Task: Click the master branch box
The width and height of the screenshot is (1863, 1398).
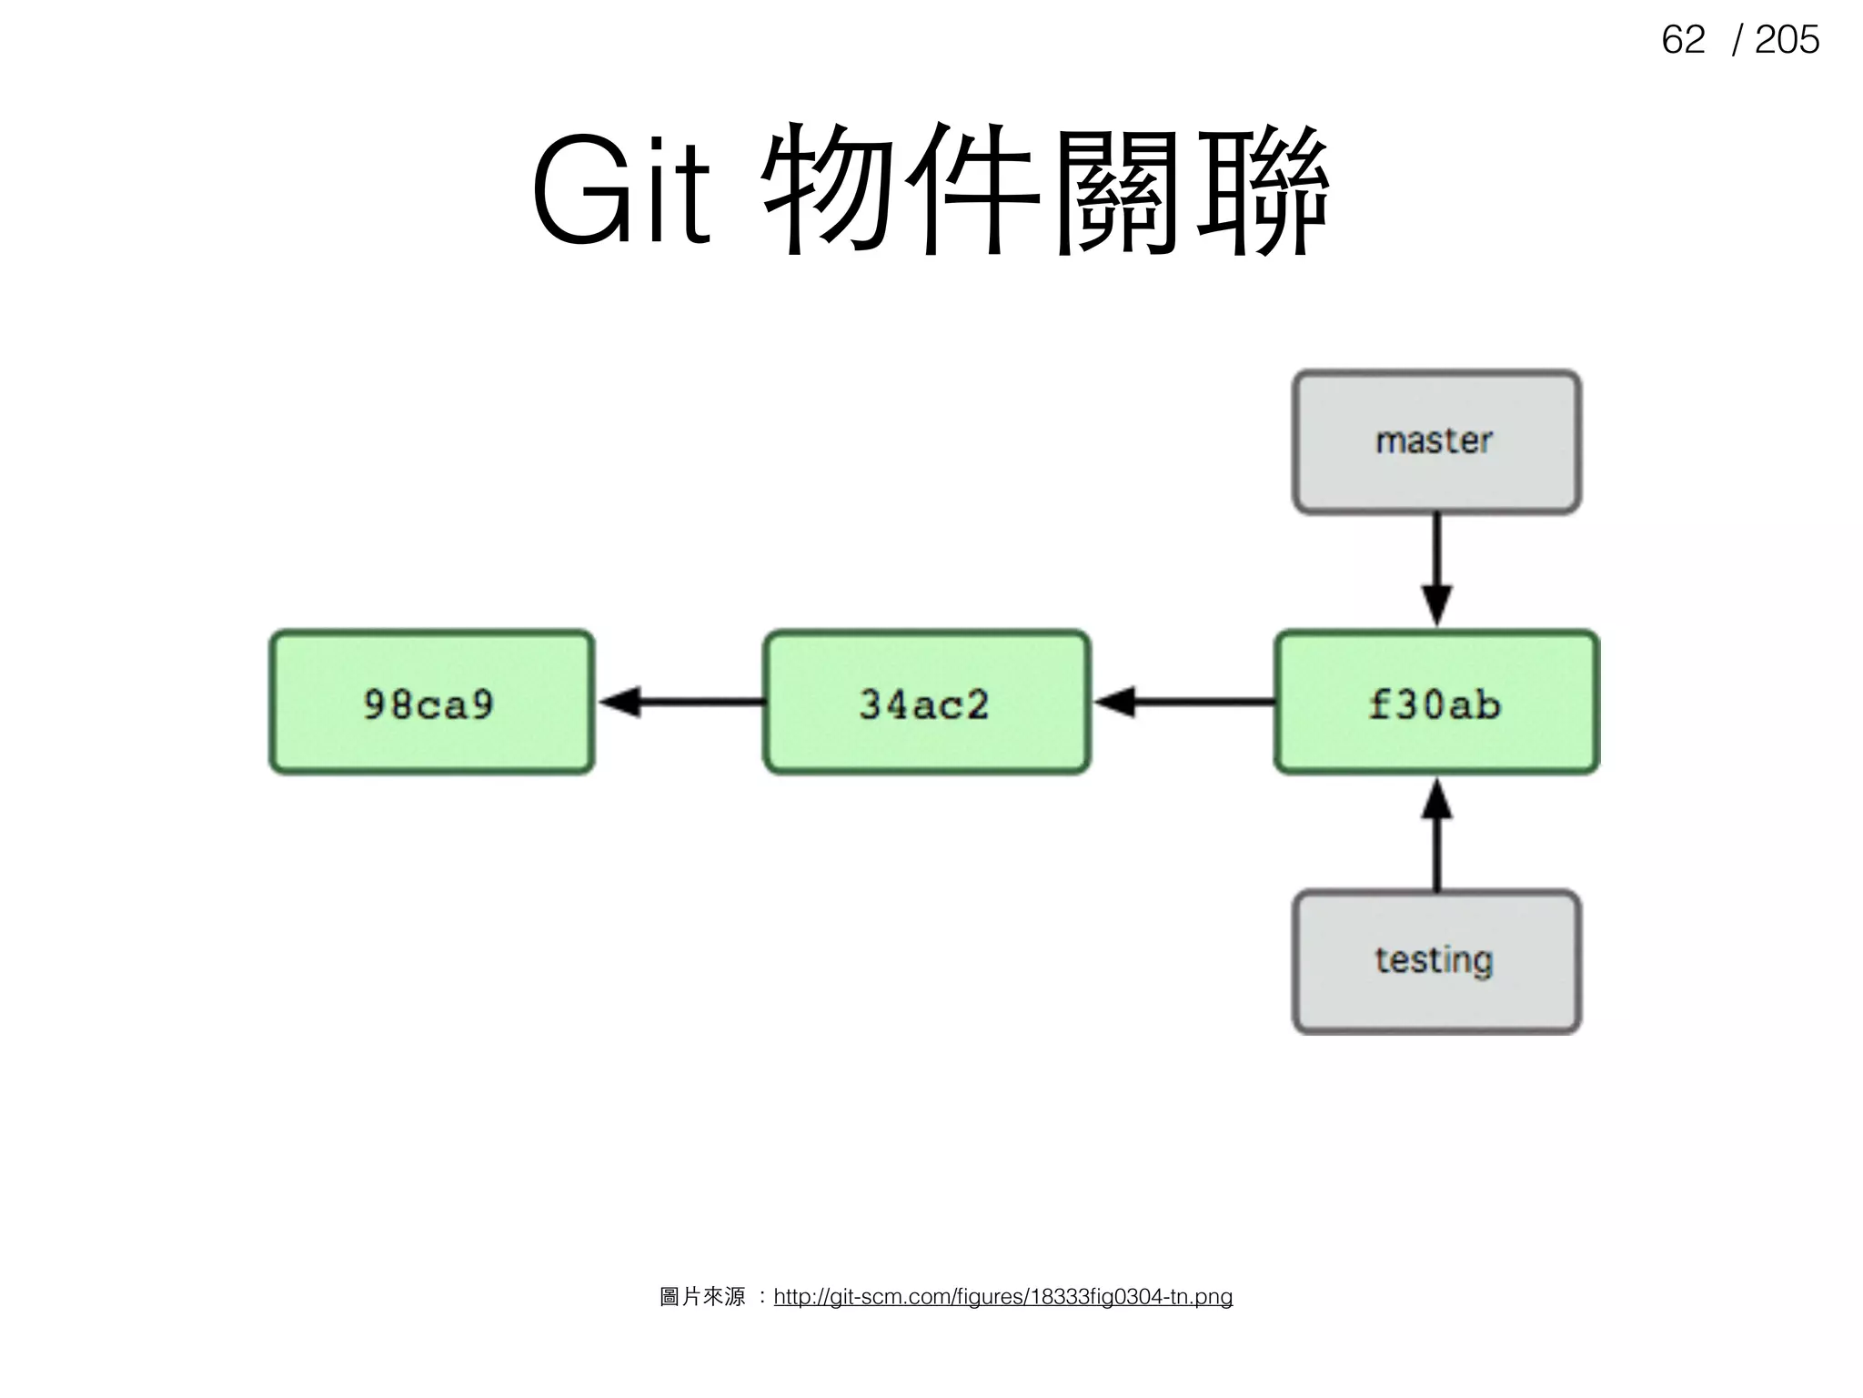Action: [x=1435, y=441]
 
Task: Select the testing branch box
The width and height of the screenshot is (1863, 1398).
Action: [x=1435, y=961]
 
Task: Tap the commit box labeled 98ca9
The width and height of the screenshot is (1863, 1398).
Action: [x=431, y=702]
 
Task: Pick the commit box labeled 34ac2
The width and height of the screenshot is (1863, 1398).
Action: [x=926, y=702]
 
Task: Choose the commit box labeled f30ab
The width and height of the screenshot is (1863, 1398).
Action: [x=1435, y=702]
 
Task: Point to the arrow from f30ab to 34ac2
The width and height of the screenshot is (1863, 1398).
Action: [x=1183, y=702]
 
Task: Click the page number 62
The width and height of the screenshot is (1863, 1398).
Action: [x=1682, y=40]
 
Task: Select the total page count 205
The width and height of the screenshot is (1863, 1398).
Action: [x=1787, y=40]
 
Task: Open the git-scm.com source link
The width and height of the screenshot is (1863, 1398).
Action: [x=1002, y=1296]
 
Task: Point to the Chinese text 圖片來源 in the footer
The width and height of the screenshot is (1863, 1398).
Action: [x=702, y=1296]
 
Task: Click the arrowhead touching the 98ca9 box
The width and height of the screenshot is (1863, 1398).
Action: [x=620, y=702]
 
